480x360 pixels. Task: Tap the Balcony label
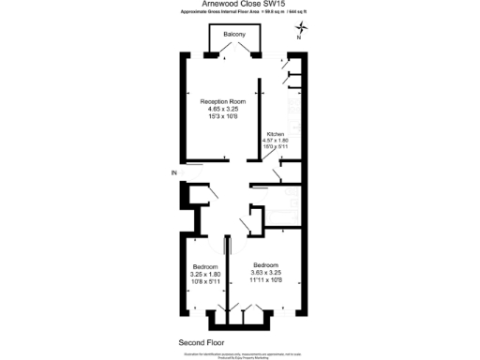point(235,35)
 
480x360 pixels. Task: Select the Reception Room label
point(222,101)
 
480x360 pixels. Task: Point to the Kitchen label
point(276,134)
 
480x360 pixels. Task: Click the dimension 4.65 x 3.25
point(222,109)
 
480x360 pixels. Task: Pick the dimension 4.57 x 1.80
point(277,141)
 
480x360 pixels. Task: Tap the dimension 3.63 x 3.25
point(271,272)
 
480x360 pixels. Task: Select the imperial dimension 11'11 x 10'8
point(271,279)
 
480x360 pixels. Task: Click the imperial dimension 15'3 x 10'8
point(222,116)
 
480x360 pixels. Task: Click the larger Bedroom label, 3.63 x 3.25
point(271,264)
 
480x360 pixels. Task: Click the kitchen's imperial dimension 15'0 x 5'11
point(277,147)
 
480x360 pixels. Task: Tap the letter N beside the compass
point(299,39)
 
